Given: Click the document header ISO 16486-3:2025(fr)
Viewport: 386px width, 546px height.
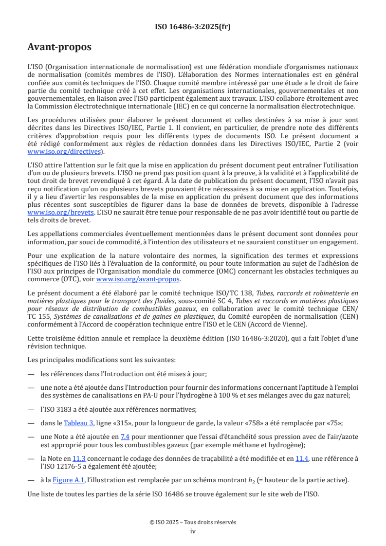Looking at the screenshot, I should pos(193,27).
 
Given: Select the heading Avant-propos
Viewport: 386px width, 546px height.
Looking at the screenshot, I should pos(59,47).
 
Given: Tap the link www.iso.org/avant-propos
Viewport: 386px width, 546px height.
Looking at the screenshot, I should pos(138,279).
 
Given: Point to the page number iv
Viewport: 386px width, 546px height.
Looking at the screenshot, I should pos(193,531).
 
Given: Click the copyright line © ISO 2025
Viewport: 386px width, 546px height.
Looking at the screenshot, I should pos(193,522).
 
